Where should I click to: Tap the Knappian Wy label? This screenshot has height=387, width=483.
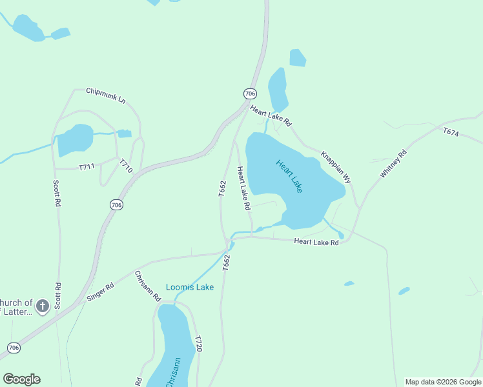336,167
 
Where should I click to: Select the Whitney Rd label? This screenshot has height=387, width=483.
393,163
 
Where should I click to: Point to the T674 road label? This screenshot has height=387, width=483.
451,132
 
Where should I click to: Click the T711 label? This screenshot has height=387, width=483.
87,167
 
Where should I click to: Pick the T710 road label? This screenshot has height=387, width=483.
126,166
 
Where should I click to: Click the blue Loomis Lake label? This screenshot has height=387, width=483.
190,287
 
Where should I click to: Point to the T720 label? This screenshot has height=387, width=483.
199,344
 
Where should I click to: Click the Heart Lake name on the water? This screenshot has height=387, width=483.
289,175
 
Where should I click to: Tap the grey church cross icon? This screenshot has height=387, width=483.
43,306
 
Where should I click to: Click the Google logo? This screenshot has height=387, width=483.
21,379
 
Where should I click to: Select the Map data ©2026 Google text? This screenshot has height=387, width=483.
443,382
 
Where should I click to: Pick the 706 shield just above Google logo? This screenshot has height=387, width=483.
14,348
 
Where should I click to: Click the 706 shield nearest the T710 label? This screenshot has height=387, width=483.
116,205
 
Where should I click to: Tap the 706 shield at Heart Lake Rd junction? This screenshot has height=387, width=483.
251,94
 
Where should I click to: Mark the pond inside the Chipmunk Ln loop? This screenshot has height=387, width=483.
76,139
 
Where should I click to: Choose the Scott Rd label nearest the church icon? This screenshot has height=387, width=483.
58,295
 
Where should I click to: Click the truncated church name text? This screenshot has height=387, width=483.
17,308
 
